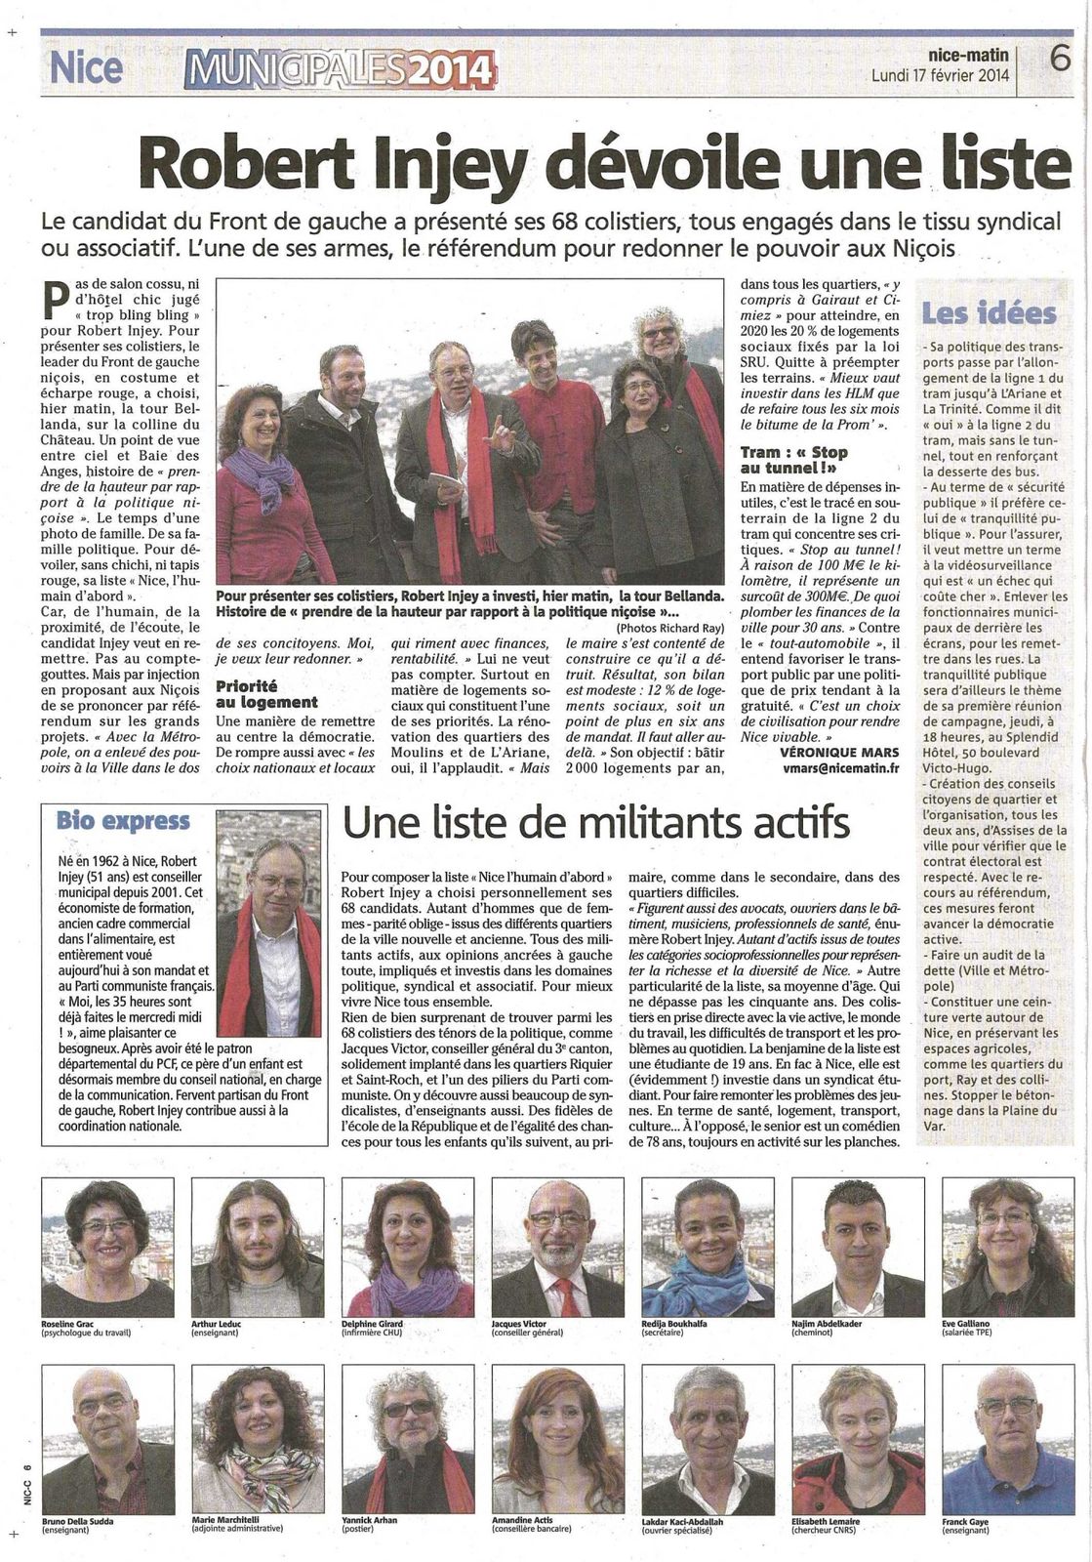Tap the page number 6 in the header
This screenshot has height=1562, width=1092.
click(1060, 59)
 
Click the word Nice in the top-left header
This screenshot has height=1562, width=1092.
click(86, 67)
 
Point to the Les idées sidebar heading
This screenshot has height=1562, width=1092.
click(989, 313)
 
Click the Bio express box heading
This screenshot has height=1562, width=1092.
click(123, 820)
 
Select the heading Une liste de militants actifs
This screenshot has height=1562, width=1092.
click(596, 823)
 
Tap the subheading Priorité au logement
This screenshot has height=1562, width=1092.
click(266, 694)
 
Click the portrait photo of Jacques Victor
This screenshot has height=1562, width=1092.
click(557, 1247)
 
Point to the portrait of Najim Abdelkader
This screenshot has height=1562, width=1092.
click(857, 1247)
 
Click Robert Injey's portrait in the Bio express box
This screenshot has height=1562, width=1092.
click(279, 923)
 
